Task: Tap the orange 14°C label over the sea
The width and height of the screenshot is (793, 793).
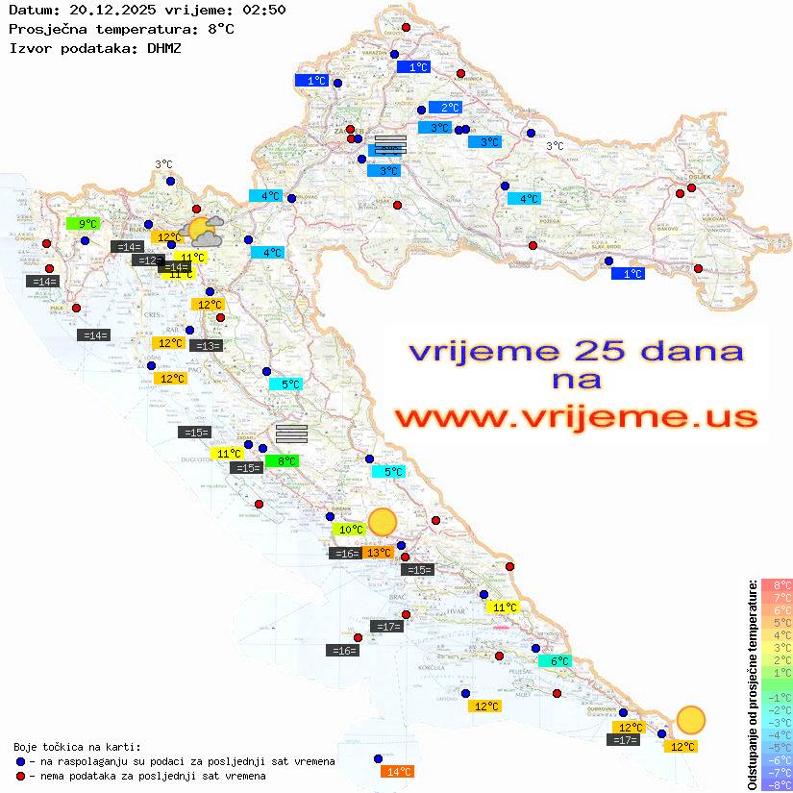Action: [x=397, y=771]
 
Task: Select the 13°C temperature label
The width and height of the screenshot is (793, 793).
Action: [x=378, y=553]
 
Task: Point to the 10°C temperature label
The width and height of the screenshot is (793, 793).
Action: [x=348, y=529]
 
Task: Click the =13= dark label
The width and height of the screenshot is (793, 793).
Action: [x=207, y=346]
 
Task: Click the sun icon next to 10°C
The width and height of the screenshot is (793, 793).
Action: [x=383, y=522]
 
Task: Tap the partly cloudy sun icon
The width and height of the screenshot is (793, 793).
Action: [x=205, y=230]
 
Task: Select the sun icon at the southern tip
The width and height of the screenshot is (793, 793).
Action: [x=690, y=719]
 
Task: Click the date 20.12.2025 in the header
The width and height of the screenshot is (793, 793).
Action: [x=116, y=10]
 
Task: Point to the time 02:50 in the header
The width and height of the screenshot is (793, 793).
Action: [x=261, y=10]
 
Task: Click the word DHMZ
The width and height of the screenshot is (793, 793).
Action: [x=164, y=47]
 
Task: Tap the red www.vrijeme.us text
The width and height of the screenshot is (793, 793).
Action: [x=576, y=417]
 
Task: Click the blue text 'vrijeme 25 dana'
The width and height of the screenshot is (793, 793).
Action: [x=576, y=351]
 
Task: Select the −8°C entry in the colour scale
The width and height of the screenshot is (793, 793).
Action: [x=776, y=785]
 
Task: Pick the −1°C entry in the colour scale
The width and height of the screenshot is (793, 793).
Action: [x=776, y=698]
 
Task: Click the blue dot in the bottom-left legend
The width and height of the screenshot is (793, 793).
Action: [x=20, y=761]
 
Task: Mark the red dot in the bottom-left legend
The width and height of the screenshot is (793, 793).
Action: [x=20, y=776]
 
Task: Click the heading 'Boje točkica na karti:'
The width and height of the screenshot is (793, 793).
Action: [x=77, y=746]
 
